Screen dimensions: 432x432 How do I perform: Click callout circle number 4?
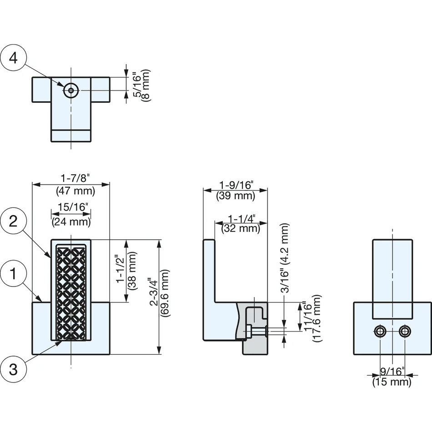[x=13, y=58]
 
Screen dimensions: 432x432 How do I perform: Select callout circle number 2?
[x=13, y=221]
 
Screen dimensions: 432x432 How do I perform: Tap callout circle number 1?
[x=13, y=274]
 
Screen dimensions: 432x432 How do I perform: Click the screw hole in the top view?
[x=71, y=90]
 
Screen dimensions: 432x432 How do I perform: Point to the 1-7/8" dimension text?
[x=75, y=179]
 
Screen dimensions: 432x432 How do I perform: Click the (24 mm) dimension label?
[x=71, y=222]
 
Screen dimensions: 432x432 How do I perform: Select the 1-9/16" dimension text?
[x=236, y=185]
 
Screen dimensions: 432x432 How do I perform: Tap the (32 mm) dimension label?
[x=241, y=228]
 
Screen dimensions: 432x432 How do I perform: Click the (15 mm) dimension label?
[x=392, y=382]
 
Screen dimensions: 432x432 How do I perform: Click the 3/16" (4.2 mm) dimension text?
[x=285, y=258]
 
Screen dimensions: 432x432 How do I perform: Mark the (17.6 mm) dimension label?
[x=317, y=318]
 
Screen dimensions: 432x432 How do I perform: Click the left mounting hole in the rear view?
[x=380, y=331]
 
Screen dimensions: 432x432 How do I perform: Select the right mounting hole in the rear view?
[x=404, y=331]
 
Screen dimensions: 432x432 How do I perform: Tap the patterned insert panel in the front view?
[x=71, y=292]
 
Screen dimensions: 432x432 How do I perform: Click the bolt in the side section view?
[x=255, y=331]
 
